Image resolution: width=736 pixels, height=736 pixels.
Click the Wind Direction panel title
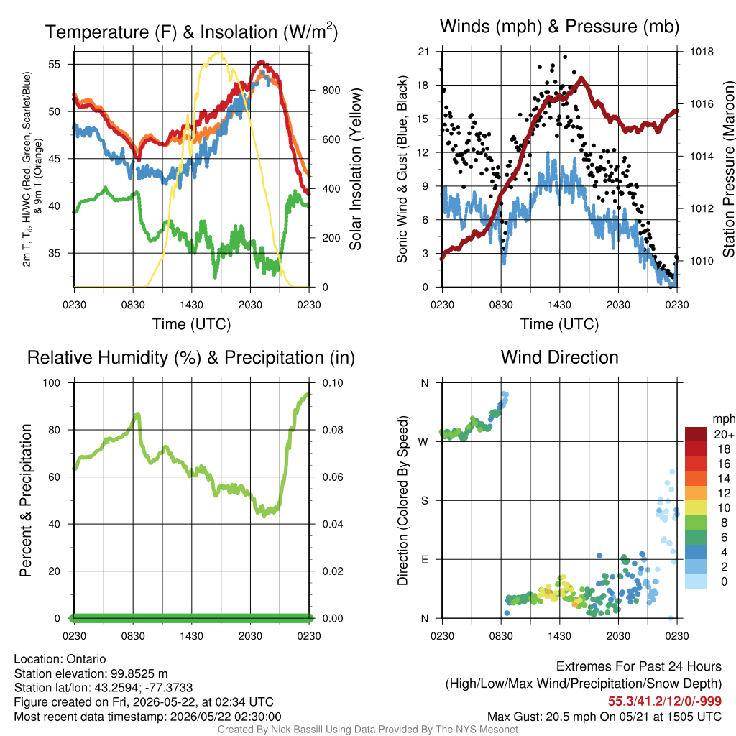[x=559, y=357]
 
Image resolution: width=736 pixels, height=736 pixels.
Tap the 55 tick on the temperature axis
[x=55, y=64]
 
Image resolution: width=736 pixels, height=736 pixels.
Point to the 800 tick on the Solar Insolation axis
[x=331, y=90]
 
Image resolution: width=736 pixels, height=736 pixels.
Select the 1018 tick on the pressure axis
[x=701, y=52]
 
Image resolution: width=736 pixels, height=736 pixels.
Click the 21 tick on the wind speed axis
[x=423, y=52]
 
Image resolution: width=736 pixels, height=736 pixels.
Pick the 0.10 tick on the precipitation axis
[x=332, y=383]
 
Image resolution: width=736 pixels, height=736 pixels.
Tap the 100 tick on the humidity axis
[x=52, y=383]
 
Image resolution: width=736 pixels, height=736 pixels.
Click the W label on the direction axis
[x=423, y=442]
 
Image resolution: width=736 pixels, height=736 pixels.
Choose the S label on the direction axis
[x=424, y=501]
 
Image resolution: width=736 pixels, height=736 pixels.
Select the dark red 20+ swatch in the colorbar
[x=696, y=434]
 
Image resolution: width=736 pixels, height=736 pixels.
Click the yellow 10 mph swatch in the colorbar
[x=696, y=508]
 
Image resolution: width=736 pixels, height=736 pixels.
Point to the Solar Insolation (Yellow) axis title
[x=355, y=169]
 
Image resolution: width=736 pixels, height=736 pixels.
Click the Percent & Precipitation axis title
[x=25, y=500]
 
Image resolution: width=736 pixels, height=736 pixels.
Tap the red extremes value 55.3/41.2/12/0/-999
[x=665, y=701]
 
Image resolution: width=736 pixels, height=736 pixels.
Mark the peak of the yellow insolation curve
[x=218, y=53]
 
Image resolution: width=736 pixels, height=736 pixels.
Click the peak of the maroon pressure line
[x=581, y=78]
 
